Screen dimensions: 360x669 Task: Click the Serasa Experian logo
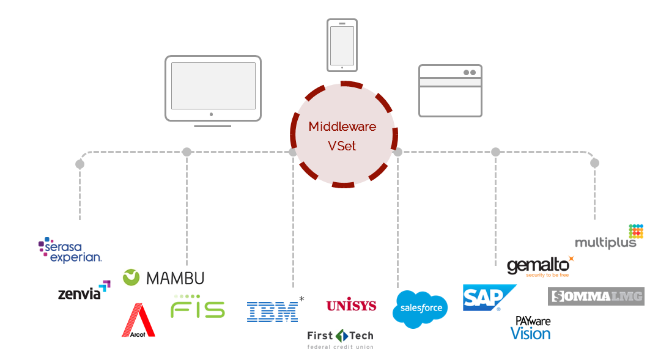[x=70, y=251]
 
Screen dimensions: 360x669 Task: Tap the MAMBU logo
[x=163, y=278]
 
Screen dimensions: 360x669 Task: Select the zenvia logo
[x=84, y=292]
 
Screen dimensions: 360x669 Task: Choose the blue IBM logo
[x=272, y=311]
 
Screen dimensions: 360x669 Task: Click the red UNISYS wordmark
[x=351, y=305]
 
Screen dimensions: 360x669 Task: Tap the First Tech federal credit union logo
[x=340, y=339]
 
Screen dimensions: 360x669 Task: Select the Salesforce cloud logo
[x=420, y=309]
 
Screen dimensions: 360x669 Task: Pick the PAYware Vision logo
[x=531, y=328]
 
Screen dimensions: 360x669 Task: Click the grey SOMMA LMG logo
[x=596, y=296]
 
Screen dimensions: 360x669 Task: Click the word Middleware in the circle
[x=342, y=127]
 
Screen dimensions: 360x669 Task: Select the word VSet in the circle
[x=342, y=146]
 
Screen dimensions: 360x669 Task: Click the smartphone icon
[x=342, y=45]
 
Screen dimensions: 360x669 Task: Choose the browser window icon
[x=450, y=90]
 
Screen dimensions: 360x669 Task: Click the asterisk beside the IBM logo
[x=301, y=299]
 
